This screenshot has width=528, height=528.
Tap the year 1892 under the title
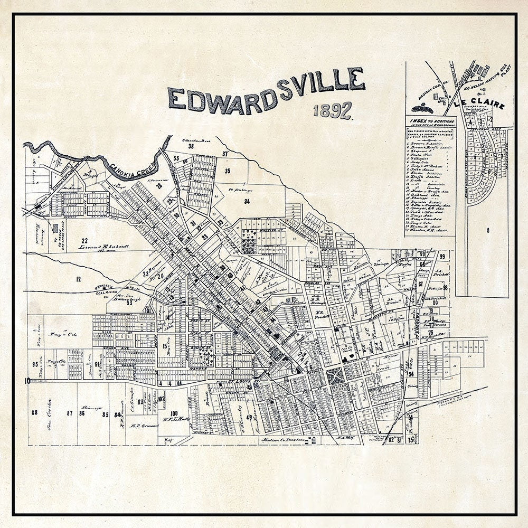click(333, 110)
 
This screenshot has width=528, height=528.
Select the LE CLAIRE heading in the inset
click(481, 105)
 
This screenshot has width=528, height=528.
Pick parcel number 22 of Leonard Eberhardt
click(84, 240)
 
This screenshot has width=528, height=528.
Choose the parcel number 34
click(247, 201)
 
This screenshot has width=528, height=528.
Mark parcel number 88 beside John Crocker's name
click(35, 413)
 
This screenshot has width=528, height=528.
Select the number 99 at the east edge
click(442, 257)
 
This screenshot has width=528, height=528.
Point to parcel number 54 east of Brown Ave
click(410, 374)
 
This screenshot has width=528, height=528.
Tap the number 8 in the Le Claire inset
click(488, 230)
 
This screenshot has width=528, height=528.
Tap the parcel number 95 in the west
click(35, 364)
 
